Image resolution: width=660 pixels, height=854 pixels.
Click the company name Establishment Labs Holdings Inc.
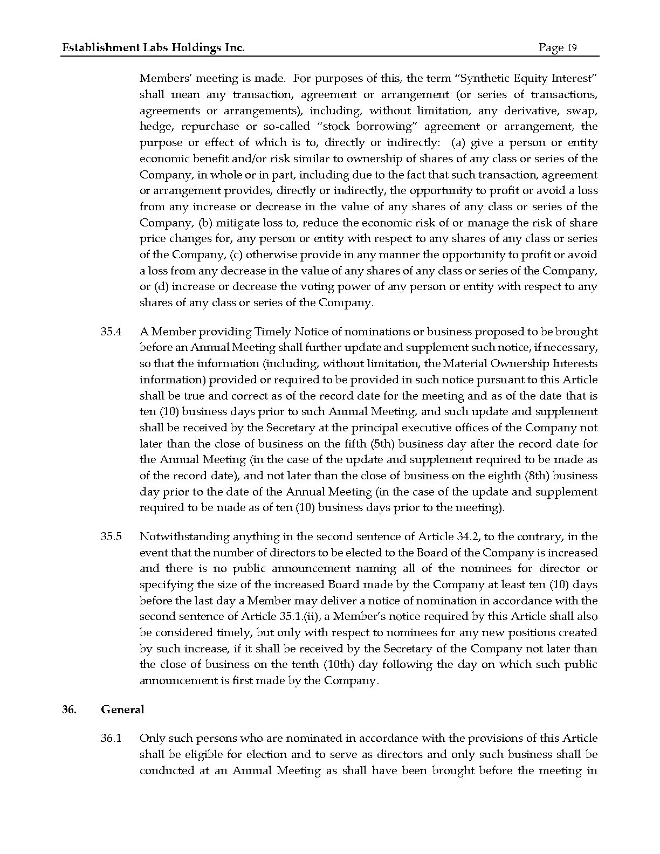tap(154, 48)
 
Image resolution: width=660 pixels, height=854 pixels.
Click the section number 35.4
tap(111, 332)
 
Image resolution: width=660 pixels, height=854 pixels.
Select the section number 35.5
tap(111, 536)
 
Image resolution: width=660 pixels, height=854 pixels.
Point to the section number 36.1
tap(111, 738)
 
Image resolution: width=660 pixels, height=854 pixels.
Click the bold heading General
tap(122, 710)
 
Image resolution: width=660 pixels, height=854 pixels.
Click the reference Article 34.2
tap(440, 536)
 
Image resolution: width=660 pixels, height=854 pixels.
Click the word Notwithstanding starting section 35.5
tap(184, 536)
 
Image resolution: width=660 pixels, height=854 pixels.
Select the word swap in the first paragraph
tap(582, 111)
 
